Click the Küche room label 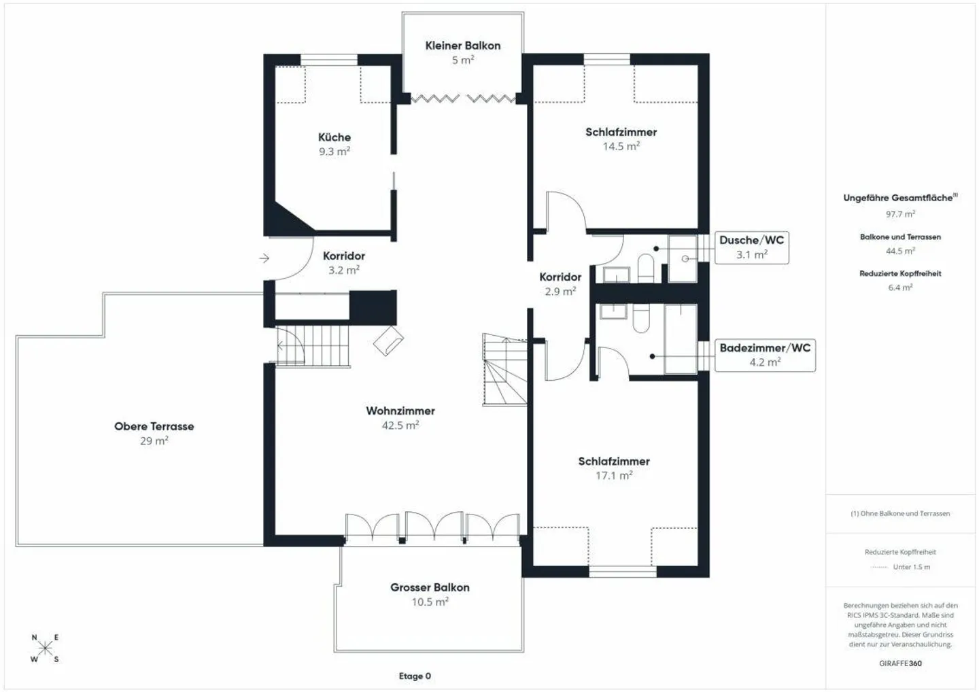334,137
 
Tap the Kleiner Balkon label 463,46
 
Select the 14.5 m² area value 621,146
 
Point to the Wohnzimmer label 400,411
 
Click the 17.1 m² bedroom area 614,475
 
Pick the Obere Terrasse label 154,426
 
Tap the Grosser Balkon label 430,587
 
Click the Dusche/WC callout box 752,247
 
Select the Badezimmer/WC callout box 765,356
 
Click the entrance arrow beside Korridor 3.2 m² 264,258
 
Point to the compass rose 45,647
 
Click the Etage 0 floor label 415,676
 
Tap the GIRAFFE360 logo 900,663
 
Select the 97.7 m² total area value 900,214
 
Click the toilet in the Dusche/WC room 646,269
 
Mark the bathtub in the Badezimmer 681,339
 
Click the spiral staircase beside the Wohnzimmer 504,370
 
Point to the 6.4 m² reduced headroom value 900,288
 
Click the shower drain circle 685,258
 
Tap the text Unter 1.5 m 912,567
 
